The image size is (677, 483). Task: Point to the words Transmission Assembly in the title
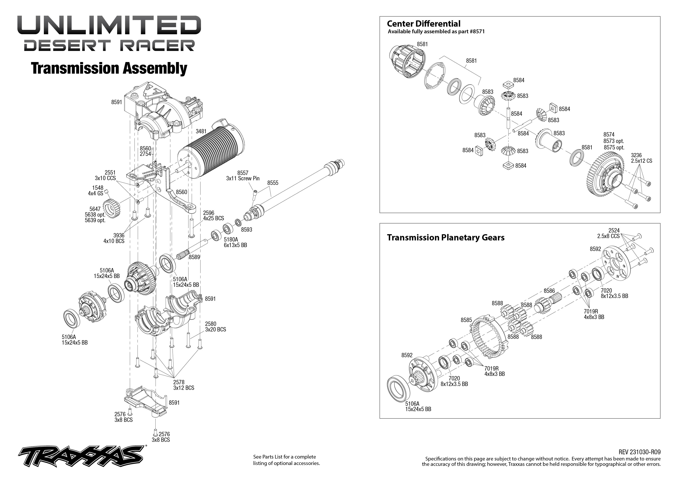pyautogui.click(x=109, y=68)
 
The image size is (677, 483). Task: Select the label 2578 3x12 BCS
pyautogui.click(x=183, y=385)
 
